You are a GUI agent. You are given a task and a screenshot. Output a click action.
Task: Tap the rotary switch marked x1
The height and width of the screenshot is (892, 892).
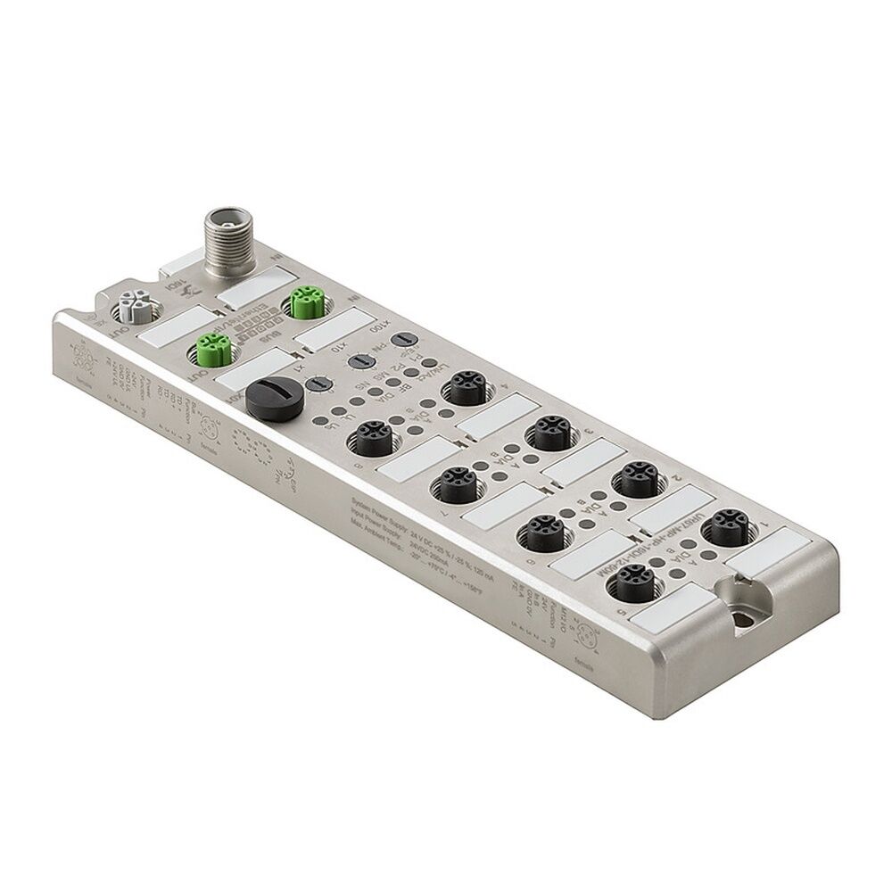[314, 384]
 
